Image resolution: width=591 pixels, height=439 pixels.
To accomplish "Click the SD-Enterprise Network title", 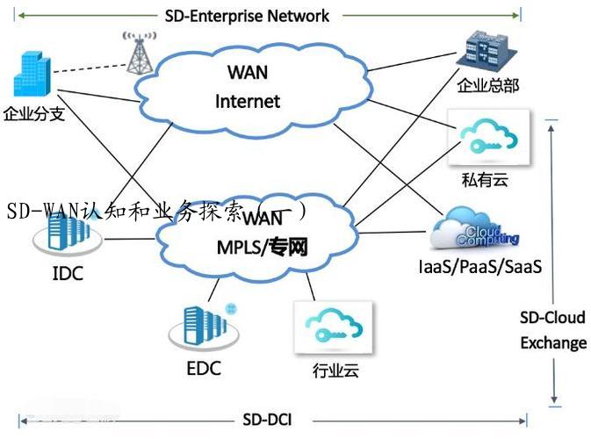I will pos(247,15).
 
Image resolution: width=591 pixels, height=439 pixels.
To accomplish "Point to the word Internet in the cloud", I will pos(248,101).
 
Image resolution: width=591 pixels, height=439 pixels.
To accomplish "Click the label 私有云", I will pos(485,181).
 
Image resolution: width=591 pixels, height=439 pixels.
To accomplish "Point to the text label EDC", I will pos(204,367).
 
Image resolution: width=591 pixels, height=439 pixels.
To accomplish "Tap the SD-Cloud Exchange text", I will pos(553,329).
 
